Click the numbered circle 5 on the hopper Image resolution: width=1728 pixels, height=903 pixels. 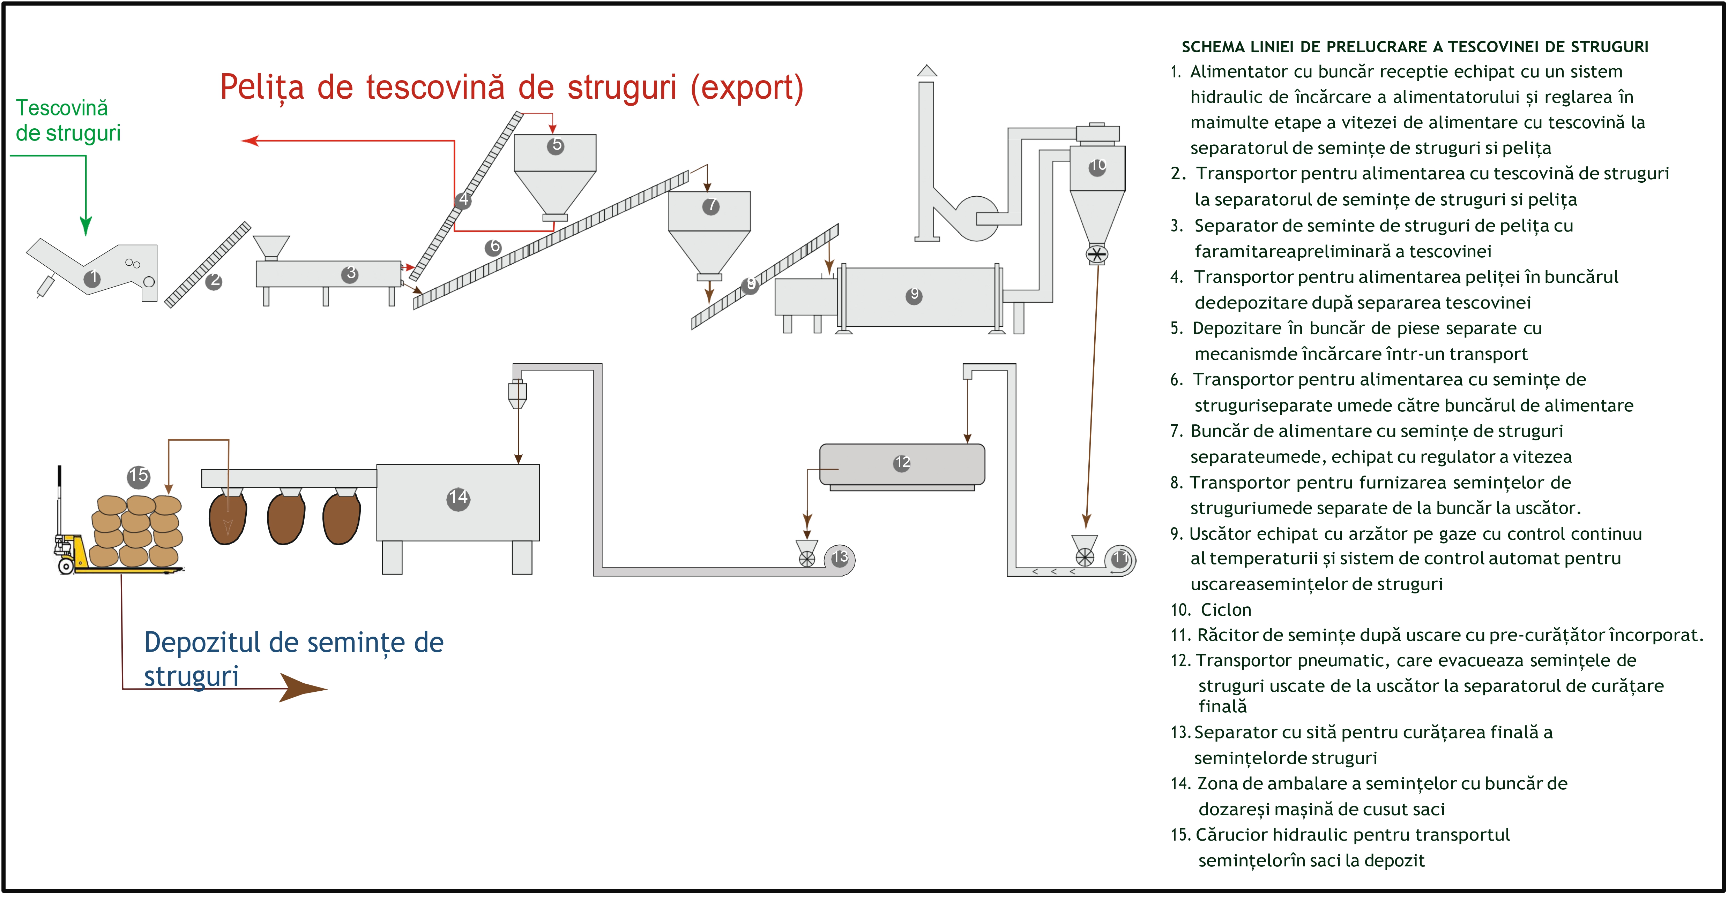point(556,145)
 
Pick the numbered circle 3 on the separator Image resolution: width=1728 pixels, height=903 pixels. point(350,273)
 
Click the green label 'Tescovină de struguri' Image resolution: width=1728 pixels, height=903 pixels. point(67,121)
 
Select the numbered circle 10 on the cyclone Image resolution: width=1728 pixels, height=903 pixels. point(1097,166)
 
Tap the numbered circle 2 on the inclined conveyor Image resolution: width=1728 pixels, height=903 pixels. point(214,281)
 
